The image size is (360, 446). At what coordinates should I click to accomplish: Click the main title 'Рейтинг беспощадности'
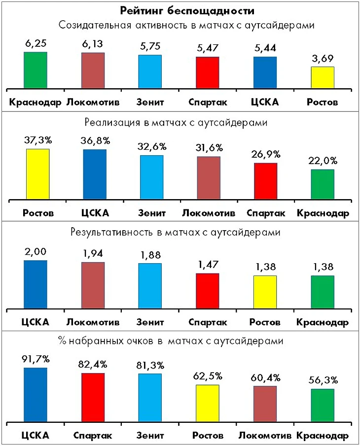click(x=180, y=10)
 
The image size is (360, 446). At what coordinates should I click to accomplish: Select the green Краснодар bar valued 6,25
click(x=35, y=70)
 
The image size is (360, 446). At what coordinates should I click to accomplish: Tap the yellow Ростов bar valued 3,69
click(x=322, y=77)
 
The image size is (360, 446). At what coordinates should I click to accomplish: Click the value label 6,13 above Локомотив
click(x=93, y=44)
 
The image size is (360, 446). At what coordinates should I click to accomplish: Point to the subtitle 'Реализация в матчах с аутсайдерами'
click(x=180, y=122)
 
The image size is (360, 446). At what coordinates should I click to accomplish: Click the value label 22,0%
click(x=322, y=160)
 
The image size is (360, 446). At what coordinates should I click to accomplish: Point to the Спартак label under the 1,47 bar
click(x=207, y=323)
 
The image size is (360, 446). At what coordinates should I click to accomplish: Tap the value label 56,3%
click(x=322, y=379)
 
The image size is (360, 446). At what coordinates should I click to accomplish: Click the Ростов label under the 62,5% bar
click(x=207, y=436)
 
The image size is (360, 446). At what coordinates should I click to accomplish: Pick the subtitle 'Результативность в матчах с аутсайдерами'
click(x=180, y=232)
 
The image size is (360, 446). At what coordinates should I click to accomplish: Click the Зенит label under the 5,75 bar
click(x=150, y=103)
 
